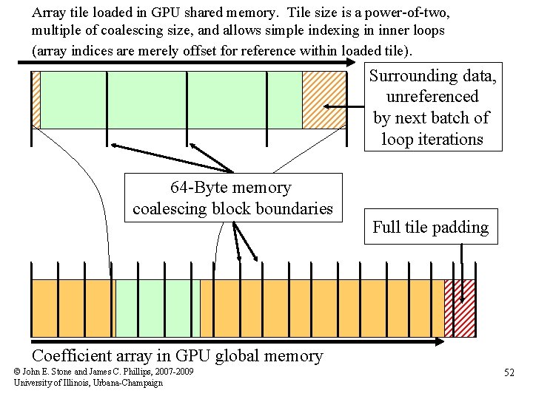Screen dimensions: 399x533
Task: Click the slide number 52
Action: tap(509, 372)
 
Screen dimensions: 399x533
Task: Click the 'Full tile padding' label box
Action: tap(431, 227)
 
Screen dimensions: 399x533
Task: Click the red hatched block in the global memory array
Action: tap(459, 308)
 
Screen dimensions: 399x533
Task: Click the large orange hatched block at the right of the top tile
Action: tap(324, 100)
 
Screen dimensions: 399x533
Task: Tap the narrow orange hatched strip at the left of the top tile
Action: tap(36, 100)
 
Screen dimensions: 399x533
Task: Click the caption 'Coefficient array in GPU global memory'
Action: tap(178, 356)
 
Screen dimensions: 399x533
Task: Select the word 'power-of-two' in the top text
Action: tap(414, 13)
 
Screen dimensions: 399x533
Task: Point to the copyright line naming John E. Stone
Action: tap(104, 371)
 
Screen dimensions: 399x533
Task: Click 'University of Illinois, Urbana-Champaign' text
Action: tap(88, 382)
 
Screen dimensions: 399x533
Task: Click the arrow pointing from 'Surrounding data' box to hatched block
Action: tap(344, 107)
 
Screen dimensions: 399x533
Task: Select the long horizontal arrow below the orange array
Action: tap(237, 341)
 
